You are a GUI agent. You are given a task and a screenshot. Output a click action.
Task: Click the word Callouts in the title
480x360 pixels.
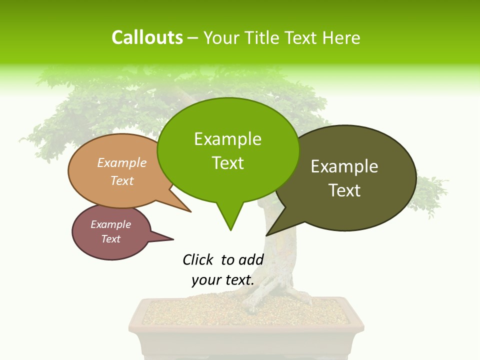147,37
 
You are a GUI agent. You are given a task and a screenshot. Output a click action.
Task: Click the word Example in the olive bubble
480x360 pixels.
344,166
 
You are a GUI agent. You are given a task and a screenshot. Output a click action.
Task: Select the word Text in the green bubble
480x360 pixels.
228,162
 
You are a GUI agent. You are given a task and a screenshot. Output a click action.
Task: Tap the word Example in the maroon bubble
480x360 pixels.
110,224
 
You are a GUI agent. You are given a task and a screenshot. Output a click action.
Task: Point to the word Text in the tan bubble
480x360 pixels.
122,180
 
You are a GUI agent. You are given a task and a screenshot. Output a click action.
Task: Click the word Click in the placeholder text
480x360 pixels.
198,259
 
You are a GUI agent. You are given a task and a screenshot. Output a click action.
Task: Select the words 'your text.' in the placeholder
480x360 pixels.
222,280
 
